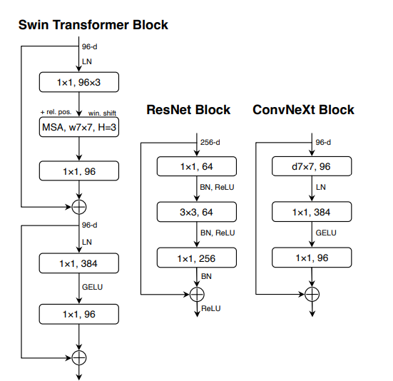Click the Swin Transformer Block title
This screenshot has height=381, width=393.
[x=93, y=25]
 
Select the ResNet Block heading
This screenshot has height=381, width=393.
[x=188, y=110]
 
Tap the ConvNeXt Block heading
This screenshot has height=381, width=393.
[x=303, y=110]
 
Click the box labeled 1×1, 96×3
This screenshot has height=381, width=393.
[x=79, y=82]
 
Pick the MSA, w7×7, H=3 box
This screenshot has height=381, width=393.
[x=79, y=127]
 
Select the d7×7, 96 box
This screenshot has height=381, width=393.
[x=312, y=166]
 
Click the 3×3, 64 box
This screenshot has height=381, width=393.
[x=197, y=212]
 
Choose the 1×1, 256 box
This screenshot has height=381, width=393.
[x=197, y=258]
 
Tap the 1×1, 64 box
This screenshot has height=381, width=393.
[x=197, y=166]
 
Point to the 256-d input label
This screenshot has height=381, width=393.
[x=210, y=143]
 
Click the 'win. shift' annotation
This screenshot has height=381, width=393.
[x=102, y=113]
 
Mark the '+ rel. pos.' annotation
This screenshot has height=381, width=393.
[x=56, y=112]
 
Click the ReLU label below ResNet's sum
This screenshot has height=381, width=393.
[x=211, y=308]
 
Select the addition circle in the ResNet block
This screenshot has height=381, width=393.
[x=197, y=294]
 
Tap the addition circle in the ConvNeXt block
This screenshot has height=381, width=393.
[x=312, y=294]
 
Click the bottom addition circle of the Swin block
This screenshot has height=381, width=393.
[x=79, y=357]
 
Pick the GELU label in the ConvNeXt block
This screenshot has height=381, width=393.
[x=326, y=233]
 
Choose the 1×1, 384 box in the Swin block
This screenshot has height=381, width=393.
[x=79, y=263]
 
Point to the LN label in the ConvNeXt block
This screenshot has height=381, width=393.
[x=321, y=187]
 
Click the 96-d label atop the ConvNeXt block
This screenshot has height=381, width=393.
[x=323, y=143]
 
